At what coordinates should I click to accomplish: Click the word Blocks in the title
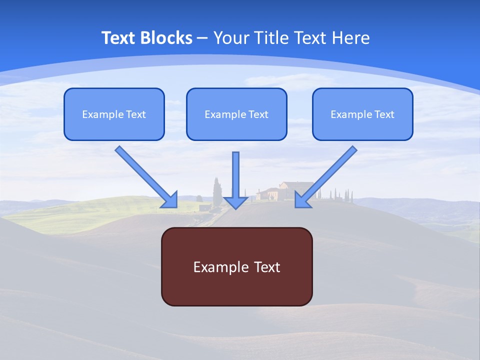(x=167, y=37)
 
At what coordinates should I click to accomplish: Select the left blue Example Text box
(x=114, y=114)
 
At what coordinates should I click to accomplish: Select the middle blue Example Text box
(x=236, y=114)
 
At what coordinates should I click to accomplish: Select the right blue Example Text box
(x=362, y=114)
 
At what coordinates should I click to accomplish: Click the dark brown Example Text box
(x=236, y=266)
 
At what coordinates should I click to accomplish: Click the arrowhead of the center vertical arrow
(x=235, y=202)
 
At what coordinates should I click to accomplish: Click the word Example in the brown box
(x=214, y=267)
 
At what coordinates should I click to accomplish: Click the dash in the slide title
(x=202, y=37)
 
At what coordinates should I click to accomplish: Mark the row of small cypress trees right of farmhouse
(x=341, y=195)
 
